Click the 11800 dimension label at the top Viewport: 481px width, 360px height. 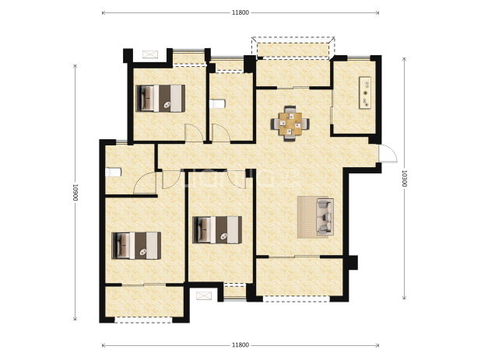pyautogui.click(x=240, y=12)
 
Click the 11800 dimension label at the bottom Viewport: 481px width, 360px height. pyautogui.click(x=240, y=345)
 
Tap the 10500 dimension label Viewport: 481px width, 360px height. pyautogui.click(x=75, y=192)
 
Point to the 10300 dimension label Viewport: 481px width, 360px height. pyautogui.click(x=404, y=178)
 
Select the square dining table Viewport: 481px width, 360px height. pyautogui.click(x=290, y=124)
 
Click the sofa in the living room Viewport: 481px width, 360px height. pyautogui.click(x=325, y=217)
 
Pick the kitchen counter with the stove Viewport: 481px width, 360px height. pyautogui.click(x=365, y=93)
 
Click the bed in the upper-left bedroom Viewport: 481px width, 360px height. pyautogui.click(x=160, y=98)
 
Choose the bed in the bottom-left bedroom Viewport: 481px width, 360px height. pyautogui.click(x=136, y=246)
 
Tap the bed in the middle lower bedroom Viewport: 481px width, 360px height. pyautogui.click(x=217, y=230)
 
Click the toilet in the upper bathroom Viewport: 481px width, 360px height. pyautogui.click(x=217, y=104)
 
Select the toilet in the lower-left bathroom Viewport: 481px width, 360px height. pyautogui.click(x=113, y=172)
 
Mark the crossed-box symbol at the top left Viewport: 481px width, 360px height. pyautogui.click(x=150, y=54)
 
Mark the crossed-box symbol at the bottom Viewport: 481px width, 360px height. pyautogui.click(x=204, y=296)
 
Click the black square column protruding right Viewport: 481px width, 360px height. pyautogui.click(x=353, y=263)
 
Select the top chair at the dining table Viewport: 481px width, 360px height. pyautogui.click(x=290, y=110)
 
